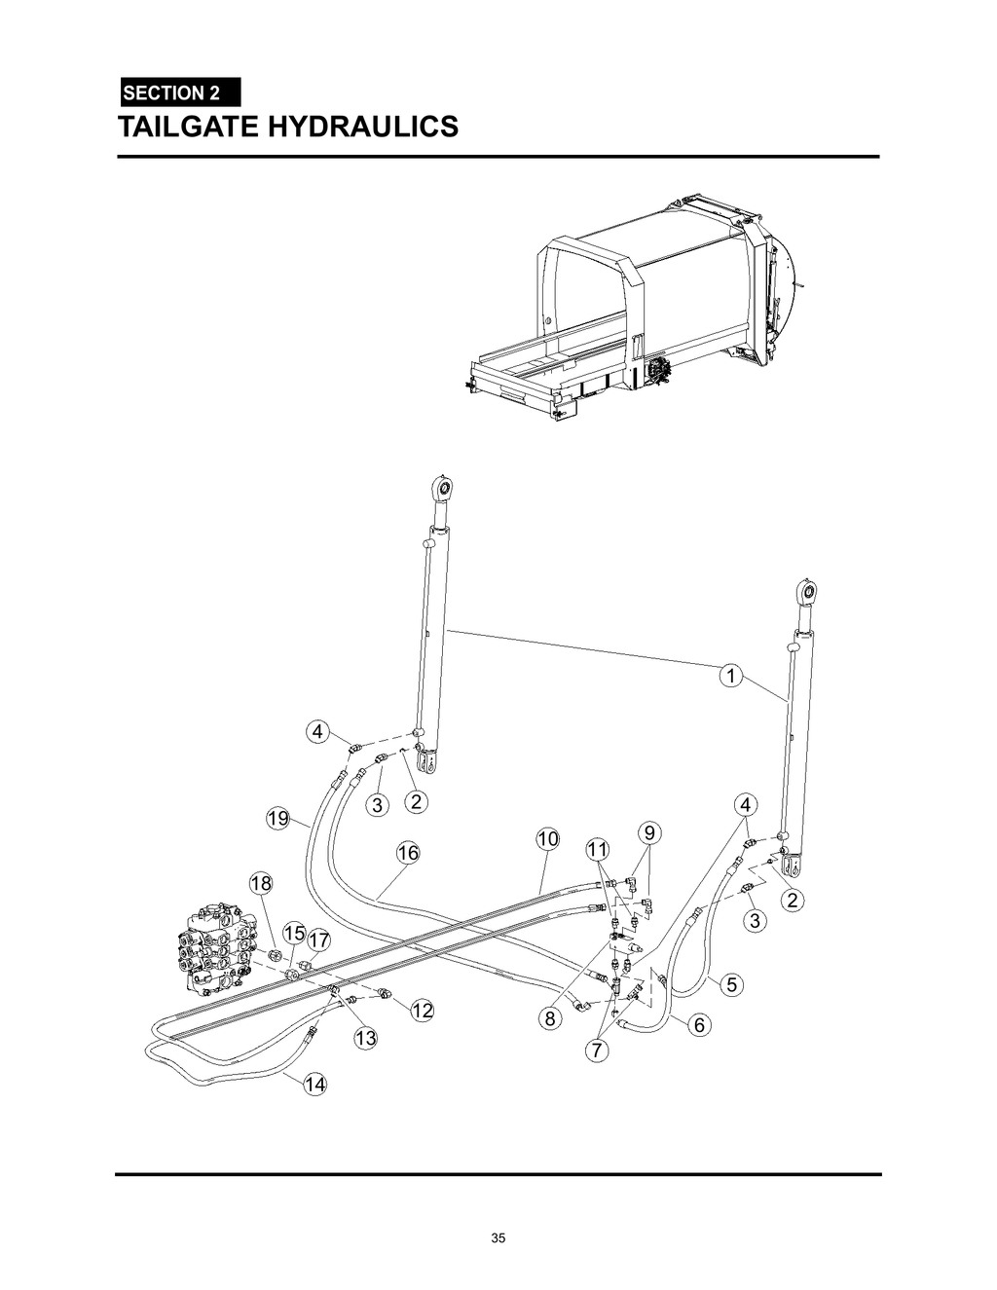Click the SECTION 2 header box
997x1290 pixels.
[x=179, y=92]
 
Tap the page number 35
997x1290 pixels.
[x=498, y=1238]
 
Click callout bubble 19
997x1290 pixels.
[x=278, y=819]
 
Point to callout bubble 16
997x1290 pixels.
[x=407, y=853]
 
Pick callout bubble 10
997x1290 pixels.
[x=547, y=838]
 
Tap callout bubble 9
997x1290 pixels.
[x=650, y=832]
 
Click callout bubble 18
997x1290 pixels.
[x=261, y=884]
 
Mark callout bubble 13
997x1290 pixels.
[x=365, y=1039]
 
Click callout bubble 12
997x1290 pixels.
[x=422, y=1011]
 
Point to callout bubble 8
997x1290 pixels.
[x=550, y=1019]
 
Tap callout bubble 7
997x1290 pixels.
[x=597, y=1050]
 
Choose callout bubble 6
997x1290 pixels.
[x=699, y=1025]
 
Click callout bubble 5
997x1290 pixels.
[x=731, y=984]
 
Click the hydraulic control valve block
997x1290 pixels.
[x=216, y=948]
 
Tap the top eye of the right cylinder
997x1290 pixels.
[x=805, y=591]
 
